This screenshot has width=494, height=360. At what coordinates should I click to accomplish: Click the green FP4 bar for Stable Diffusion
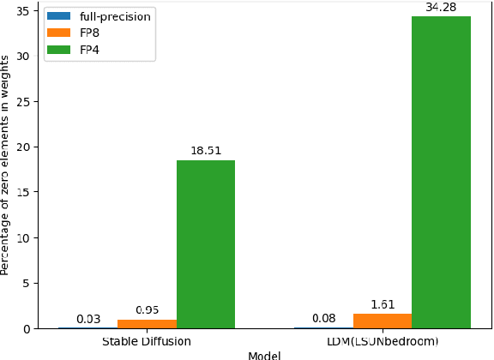click(206, 244)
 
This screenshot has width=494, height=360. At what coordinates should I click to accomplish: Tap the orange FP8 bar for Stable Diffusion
click(147, 324)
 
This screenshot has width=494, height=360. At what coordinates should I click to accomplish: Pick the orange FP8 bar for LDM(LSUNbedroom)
click(383, 321)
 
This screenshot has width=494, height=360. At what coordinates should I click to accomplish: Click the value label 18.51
click(206, 151)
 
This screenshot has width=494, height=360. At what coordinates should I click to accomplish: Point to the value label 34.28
click(442, 8)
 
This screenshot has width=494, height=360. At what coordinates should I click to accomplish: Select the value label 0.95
click(147, 310)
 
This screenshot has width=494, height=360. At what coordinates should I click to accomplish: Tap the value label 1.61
click(383, 304)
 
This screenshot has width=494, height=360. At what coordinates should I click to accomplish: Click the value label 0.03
click(87, 319)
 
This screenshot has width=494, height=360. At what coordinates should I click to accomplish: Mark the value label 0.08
click(323, 319)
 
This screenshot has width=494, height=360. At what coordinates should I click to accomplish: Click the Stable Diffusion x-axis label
click(147, 341)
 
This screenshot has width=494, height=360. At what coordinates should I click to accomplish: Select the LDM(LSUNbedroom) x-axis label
click(383, 341)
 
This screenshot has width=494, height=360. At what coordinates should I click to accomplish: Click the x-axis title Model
click(264, 355)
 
